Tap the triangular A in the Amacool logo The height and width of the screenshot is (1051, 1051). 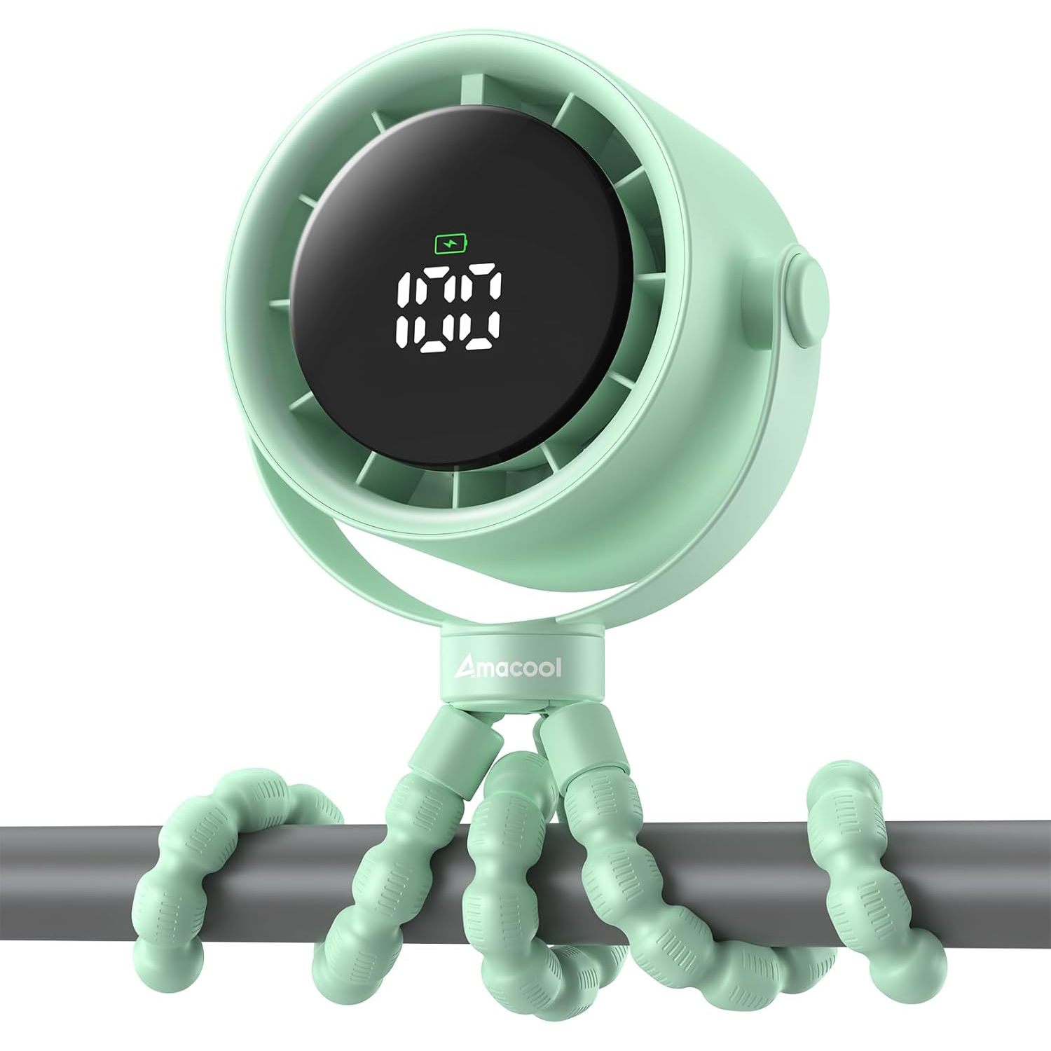coord(465,668)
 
